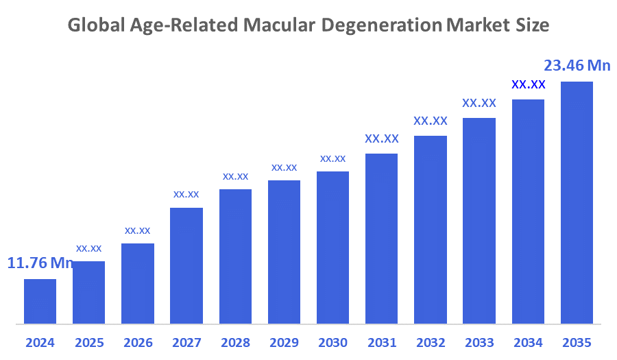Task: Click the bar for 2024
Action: [40, 301]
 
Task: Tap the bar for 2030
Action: [332, 247]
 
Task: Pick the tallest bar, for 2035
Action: [577, 202]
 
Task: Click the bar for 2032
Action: [431, 229]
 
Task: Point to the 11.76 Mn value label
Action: [40, 263]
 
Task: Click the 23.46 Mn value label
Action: [577, 66]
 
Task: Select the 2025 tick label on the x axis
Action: [88, 342]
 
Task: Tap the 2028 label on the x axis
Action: [235, 342]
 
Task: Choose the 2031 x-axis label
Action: [381, 342]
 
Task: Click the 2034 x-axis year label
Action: [528, 342]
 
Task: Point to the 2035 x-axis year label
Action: [577, 342]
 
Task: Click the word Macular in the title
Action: [282, 26]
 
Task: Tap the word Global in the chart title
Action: [93, 26]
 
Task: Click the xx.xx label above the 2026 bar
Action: [137, 230]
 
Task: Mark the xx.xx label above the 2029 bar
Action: [284, 167]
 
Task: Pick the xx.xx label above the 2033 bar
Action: [479, 103]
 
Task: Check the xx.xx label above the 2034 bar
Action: [528, 85]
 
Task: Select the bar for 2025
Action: [88, 292]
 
